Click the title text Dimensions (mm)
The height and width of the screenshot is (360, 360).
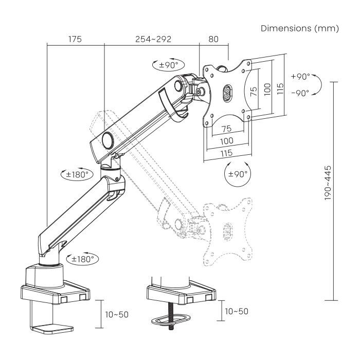(x=300, y=29)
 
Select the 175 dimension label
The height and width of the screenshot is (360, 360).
(x=75, y=39)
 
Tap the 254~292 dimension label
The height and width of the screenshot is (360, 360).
(x=153, y=39)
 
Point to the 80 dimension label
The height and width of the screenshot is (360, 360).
(x=213, y=39)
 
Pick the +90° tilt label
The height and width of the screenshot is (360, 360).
(x=300, y=76)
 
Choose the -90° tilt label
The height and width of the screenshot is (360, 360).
(x=300, y=93)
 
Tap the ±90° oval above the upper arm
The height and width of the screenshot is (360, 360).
(x=168, y=65)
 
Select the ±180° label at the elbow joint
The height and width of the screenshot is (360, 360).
(x=77, y=174)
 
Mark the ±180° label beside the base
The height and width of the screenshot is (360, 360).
(x=84, y=259)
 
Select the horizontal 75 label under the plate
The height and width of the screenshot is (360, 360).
(x=226, y=128)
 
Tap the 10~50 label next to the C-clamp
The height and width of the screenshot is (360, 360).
(x=116, y=313)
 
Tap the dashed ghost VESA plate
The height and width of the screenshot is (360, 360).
(x=227, y=229)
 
